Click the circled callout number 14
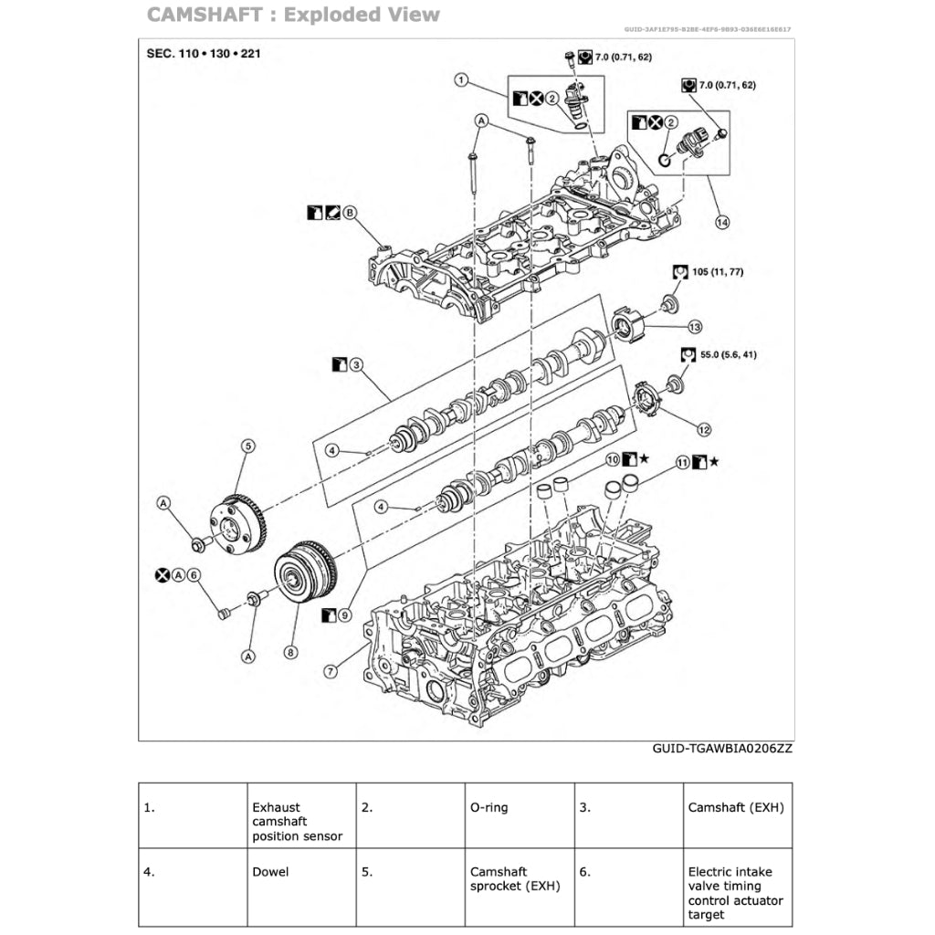pos(722,222)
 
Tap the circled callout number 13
pos(695,326)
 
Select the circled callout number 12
pos(704,428)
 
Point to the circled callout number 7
pos(331,670)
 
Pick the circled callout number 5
pos(247,446)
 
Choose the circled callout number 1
pos(462,80)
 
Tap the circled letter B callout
pos(350,214)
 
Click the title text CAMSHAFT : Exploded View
pos(293,15)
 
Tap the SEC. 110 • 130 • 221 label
pos(204,53)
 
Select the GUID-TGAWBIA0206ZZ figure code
pos(722,748)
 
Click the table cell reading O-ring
pos(489,807)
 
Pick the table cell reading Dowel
pos(269,871)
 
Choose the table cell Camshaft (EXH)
pos(735,807)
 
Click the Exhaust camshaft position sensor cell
pos(298,822)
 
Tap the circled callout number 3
pos(357,364)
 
